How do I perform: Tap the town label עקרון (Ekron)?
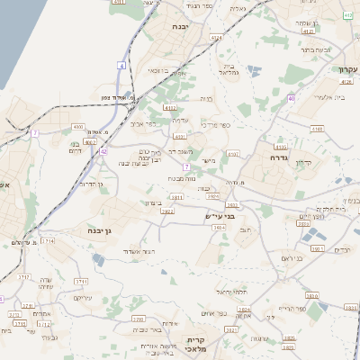348,69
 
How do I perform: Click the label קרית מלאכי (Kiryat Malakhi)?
196,345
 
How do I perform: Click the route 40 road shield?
291,98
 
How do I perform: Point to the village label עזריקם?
84,297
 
